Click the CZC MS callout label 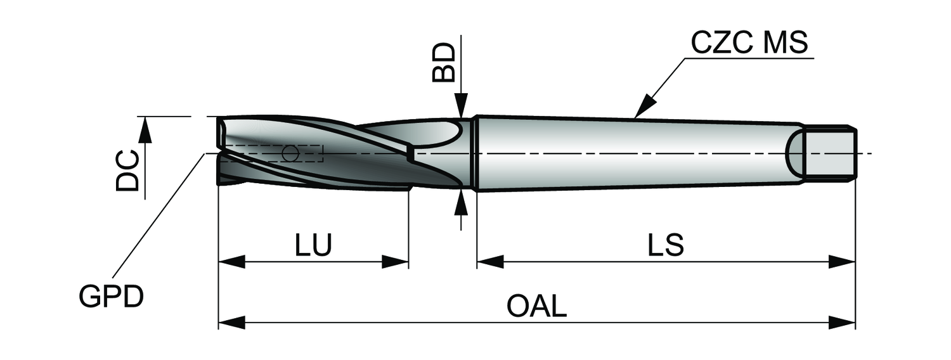[x=749, y=43]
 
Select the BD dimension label [x=444, y=62]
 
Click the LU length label [x=313, y=245]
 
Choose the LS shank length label [x=666, y=245]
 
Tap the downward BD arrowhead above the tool [x=462, y=105]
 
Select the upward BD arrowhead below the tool [x=462, y=204]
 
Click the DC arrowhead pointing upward [x=145, y=129]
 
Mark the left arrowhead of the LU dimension [x=232, y=262]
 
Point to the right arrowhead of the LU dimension [x=395, y=262]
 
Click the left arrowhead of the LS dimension [x=490, y=262]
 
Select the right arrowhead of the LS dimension [x=842, y=262]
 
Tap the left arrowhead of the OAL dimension [x=232, y=323]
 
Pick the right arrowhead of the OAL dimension [x=842, y=323]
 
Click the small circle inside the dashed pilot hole [x=290, y=153]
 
